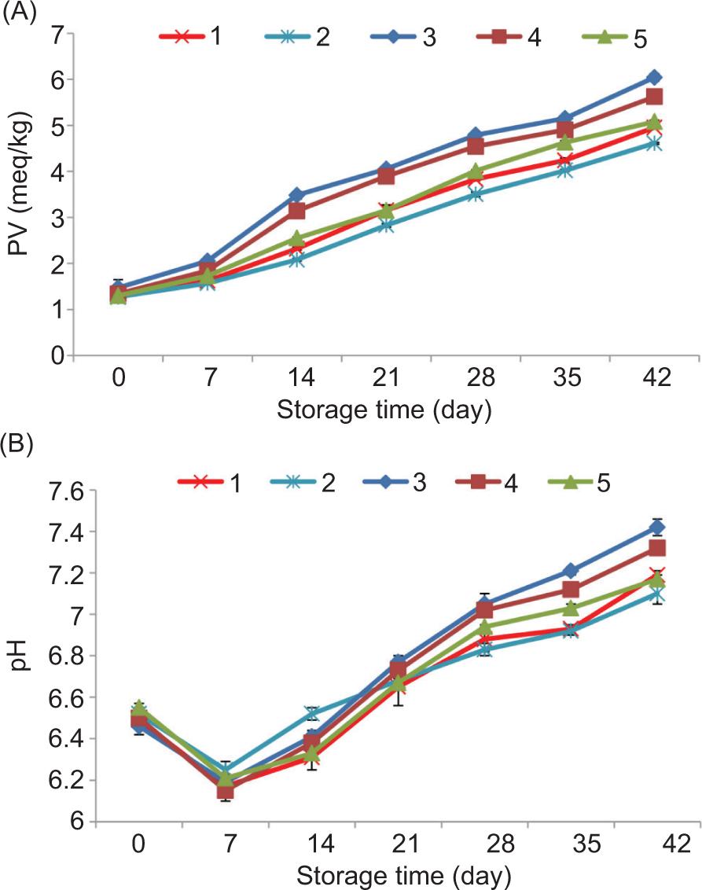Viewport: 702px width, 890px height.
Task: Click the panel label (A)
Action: pyautogui.click(x=17, y=14)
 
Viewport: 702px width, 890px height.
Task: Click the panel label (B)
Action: pyautogui.click(x=17, y=446)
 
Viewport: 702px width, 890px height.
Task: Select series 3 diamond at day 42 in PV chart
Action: pyautogui.click(x=653, y=77)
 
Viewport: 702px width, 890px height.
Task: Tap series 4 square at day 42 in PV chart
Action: pyautogui.click(x=653, y=97)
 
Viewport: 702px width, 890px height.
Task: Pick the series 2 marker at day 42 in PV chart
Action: pyautogui.click(x=653, y=143)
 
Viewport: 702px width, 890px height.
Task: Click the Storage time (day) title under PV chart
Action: pyautogui.click(x=384, y=409)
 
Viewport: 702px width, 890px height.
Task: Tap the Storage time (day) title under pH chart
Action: pyautogui.click(x=406, y=874)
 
